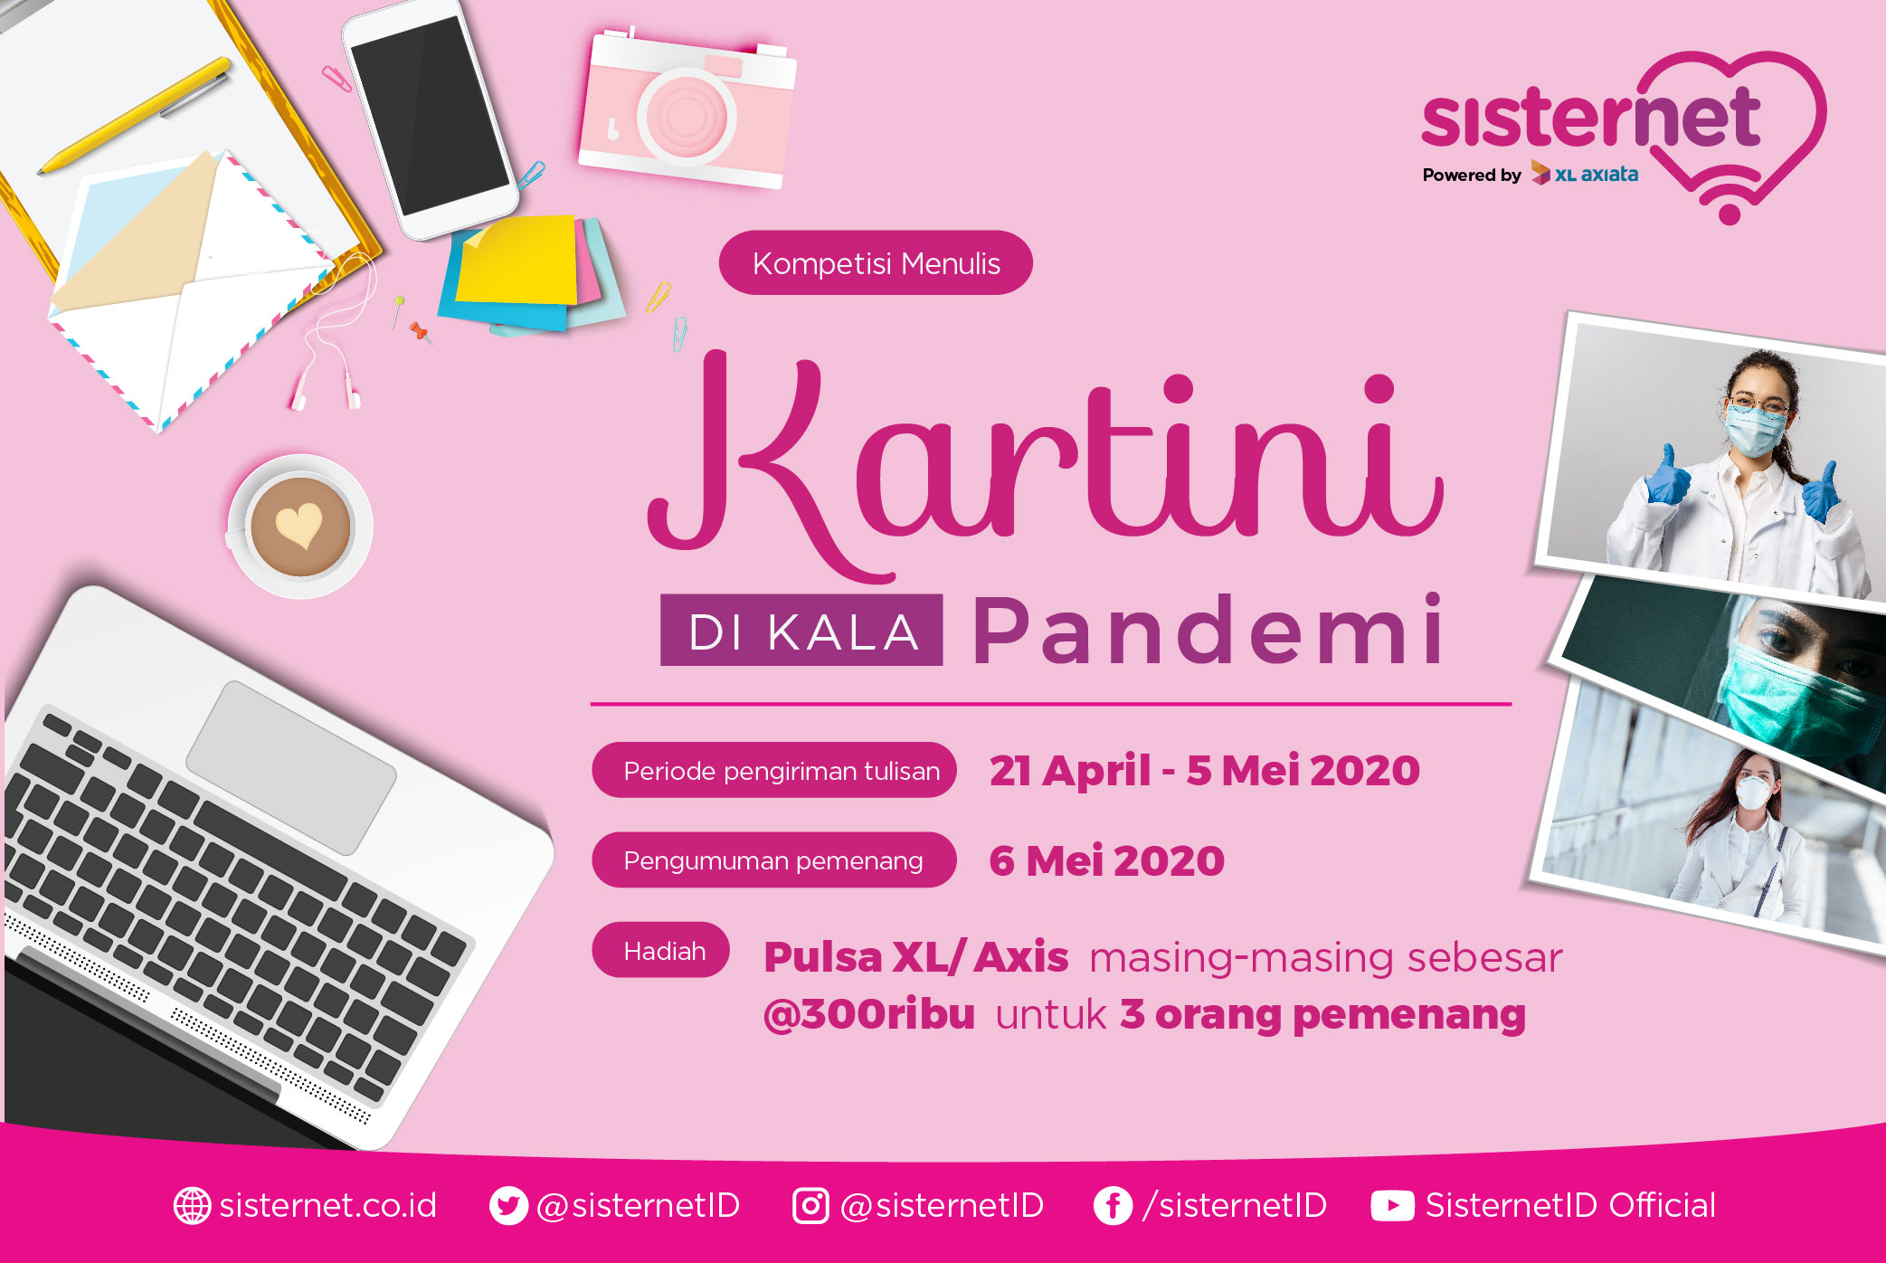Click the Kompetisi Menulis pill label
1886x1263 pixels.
[x=876, y=262]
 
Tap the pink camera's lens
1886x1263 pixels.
[x=687, y=117]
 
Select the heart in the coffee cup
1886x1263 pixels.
[x=299, y=525]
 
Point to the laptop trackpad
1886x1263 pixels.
[x=291, y=766]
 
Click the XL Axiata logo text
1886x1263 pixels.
[x=1585, y=173]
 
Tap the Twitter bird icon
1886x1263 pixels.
[x=508, y=1205]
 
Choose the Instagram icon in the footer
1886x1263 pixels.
[x=810, y=1205]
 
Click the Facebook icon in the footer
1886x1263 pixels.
[x=1113, y=1205]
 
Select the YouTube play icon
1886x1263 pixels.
[x=1392, y=1205]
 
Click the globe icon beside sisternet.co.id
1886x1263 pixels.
[x=192, y=1205]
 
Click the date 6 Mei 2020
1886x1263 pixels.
[x=1106, y=860]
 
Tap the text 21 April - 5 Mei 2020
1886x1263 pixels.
[x=1204, y=771]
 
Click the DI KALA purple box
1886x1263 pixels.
[x=801, y=630]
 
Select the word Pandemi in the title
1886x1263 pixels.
[x=1208, y=630]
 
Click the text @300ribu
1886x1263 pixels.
[x=869, y=1014]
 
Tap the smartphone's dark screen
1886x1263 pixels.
[x=431, y=115]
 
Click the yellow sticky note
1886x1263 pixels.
[x=517, y=260]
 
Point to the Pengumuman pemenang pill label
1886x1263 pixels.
[x=773, y=859]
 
